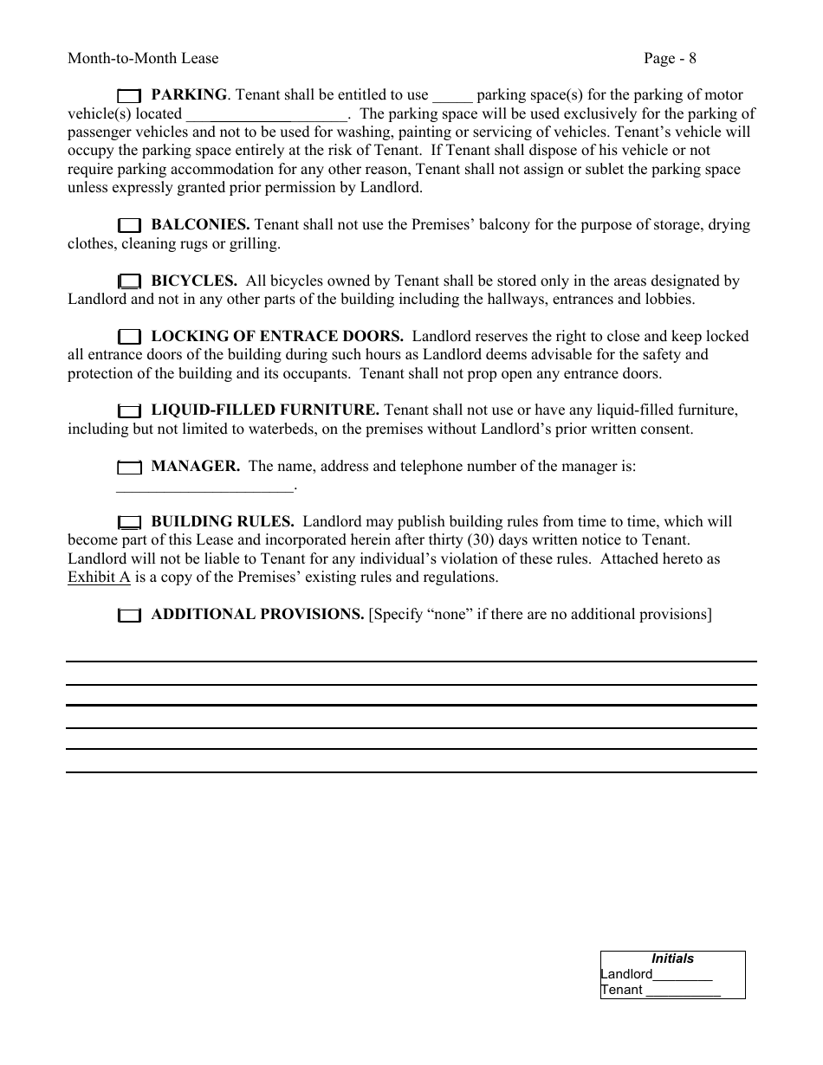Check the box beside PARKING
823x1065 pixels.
pos(128,95)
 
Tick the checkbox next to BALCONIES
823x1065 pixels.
pos(128,225)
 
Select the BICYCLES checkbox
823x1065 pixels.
pos(128,281)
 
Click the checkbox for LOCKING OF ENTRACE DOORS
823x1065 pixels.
pos(128,337)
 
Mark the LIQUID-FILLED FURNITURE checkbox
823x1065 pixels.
pos(128,410)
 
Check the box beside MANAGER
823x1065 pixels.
pos(128,468)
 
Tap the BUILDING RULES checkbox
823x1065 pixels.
pos(128,522)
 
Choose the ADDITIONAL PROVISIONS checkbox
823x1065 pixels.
pos(128,616)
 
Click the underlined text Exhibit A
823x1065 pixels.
pos(99,578)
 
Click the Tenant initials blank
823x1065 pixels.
pos(684,991)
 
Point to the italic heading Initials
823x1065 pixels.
pos(672,958)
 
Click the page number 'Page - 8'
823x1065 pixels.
pos(670,59)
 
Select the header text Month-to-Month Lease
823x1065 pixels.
pos(143,59)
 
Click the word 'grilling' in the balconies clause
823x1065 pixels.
pos(254,244)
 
